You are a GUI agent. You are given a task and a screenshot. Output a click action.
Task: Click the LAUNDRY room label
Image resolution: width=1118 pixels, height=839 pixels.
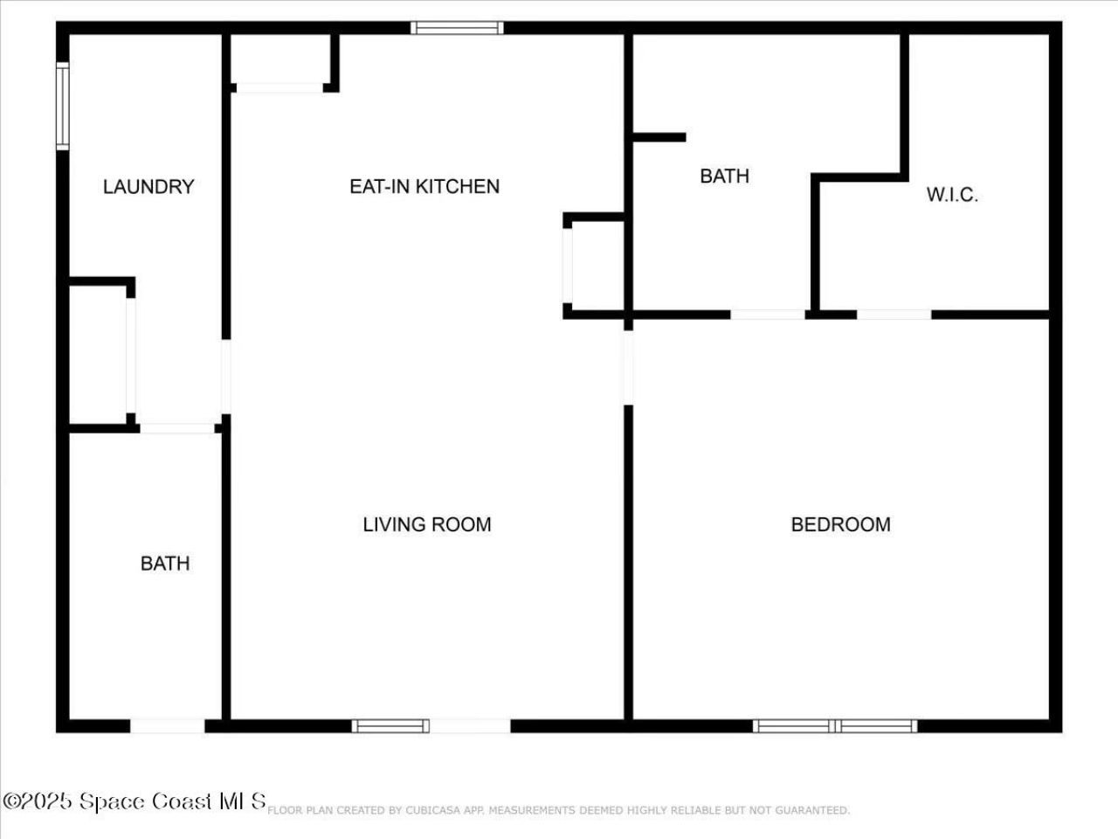pos(148,186)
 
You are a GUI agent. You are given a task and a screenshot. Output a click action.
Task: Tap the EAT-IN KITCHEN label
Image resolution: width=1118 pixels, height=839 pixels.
pos(424,186)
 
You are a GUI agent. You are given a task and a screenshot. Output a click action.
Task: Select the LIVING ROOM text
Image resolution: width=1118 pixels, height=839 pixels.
pos(427,524)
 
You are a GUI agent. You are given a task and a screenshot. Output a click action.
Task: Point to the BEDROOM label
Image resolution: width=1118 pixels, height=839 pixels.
pos(840,524)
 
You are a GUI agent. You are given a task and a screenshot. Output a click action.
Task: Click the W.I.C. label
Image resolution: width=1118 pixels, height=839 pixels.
pos(952,195)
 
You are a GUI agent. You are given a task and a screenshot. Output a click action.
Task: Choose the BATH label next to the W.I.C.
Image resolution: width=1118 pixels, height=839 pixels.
pos(724,176)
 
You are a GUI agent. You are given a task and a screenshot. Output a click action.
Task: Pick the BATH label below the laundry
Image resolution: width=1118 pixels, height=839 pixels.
pos(165,563)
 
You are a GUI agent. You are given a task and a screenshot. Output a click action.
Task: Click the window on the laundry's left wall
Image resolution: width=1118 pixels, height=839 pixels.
pos(62,106)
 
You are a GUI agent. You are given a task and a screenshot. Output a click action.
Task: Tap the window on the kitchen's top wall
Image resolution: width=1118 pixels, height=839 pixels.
pos(457,28)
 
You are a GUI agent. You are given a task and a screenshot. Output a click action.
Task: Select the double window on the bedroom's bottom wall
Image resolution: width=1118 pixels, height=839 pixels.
pos(835,725)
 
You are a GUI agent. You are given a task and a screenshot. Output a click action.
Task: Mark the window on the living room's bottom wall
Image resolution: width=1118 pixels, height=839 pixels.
pos(390,725)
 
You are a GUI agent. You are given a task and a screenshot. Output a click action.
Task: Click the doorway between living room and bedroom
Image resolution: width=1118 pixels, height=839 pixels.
pos(627,368)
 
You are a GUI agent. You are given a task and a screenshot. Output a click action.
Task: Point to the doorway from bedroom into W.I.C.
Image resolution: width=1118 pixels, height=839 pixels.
pos(894,315)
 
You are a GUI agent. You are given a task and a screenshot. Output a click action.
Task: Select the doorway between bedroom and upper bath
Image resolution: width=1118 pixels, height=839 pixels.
pos(768,315)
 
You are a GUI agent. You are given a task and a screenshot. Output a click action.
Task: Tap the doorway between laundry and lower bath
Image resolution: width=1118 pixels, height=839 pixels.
pos(177,428)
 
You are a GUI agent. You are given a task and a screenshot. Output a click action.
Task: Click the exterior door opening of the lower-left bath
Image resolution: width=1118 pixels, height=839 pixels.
pos(167,725)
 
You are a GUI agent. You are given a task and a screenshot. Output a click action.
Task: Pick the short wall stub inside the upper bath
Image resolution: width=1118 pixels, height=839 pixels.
pos(659,137)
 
